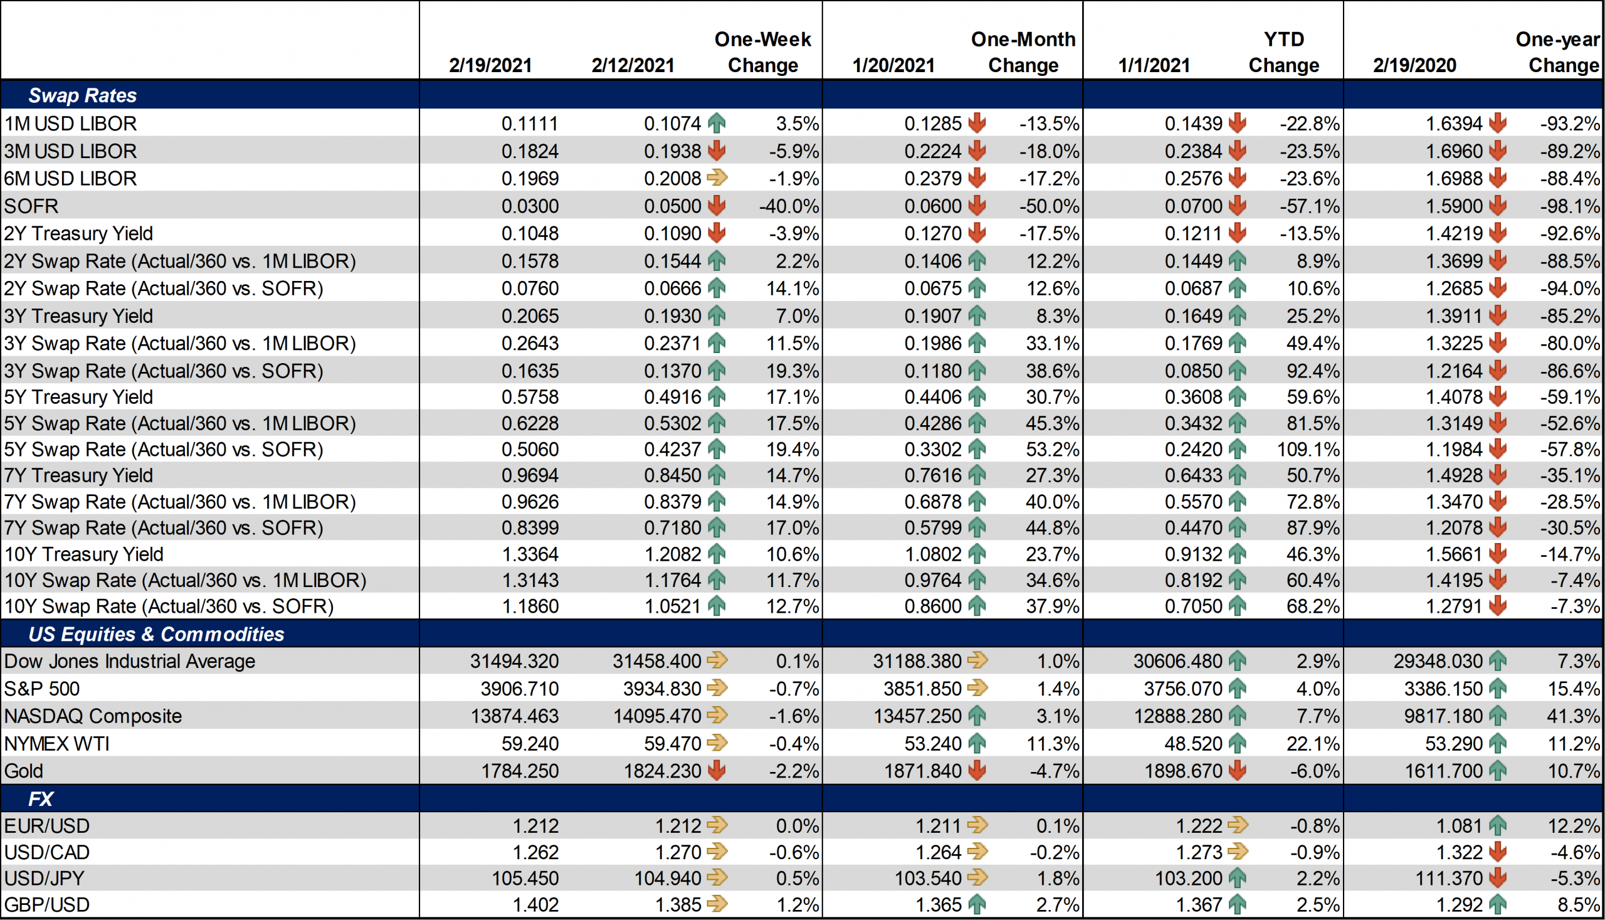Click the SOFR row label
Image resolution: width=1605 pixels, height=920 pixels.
31,206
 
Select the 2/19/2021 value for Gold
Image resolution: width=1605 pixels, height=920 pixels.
519,771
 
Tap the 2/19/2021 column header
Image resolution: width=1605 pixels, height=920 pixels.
490,65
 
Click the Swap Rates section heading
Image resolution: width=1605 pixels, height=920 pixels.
82,95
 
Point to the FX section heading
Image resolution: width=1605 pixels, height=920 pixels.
40,799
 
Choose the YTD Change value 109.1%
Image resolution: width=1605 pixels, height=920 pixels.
1307,449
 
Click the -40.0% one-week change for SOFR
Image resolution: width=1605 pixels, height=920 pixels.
788,206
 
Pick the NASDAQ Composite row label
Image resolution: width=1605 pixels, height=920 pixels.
93,716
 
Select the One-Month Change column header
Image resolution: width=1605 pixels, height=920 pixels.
1023,52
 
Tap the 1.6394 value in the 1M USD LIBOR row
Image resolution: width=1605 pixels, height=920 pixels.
1453,123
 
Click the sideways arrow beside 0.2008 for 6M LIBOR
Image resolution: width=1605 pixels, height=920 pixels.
717,178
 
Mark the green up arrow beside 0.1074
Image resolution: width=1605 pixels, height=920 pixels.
717,123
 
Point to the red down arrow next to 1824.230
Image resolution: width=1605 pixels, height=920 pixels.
717,771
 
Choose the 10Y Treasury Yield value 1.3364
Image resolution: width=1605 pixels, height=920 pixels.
529,554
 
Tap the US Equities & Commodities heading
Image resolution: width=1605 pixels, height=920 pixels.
156,634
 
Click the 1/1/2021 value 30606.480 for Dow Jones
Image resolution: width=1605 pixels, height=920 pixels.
1177,661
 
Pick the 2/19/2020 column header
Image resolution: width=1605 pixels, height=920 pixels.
1414,65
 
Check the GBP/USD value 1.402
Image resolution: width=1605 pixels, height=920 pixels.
535,905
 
